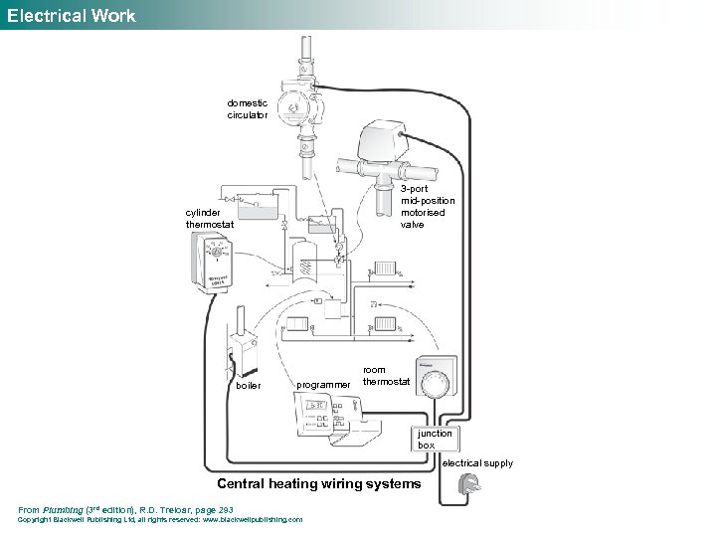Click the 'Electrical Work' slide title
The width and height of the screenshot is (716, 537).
click(x=71, y=15)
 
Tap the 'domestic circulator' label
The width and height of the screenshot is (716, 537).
click(x=247, y=108)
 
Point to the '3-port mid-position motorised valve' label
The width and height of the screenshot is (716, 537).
click(x=423, y=206)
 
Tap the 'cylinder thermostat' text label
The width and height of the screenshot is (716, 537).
click(x=210, y=218)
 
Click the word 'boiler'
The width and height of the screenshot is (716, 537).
click(x=249, y=386)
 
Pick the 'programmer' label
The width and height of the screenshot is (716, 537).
click(x=323, y=385)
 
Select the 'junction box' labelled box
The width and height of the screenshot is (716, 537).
click(x=435, y=439)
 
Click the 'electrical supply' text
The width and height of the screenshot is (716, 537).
click(x=477, y=463)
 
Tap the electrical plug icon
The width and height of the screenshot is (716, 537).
click(x=468, y=487)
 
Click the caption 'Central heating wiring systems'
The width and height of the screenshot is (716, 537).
click(x=318, y=484)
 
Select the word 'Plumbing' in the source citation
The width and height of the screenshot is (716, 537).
click(x=63, y=509)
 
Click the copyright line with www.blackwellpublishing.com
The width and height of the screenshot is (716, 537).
click(x=160, y=519)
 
